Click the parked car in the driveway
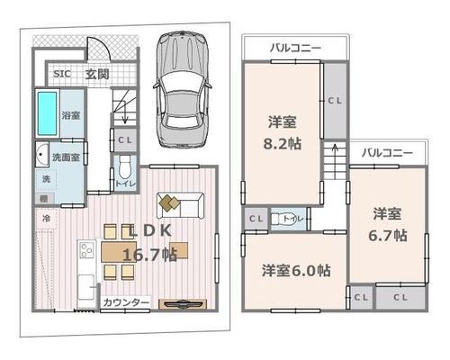182,90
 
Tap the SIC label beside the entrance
62,74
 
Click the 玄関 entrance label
97,74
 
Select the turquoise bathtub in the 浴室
47,113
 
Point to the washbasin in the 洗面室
42,155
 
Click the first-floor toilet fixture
124,167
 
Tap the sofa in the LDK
181,205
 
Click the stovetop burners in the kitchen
86,250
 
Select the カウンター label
126,302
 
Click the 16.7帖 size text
150,255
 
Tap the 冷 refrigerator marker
46,219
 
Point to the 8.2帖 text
283,144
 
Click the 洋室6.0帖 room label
296,271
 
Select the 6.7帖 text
388,236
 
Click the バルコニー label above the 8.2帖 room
295,48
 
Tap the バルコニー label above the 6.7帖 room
387,153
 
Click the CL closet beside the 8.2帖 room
335,101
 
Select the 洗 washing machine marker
46,179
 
